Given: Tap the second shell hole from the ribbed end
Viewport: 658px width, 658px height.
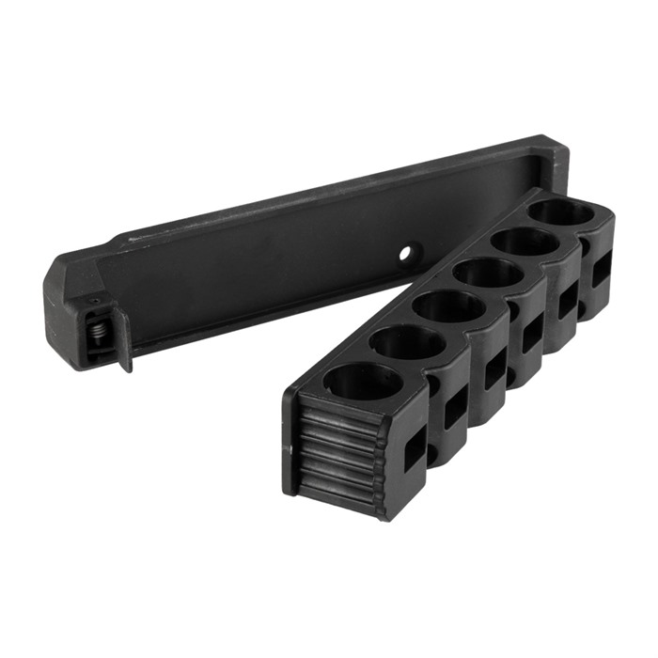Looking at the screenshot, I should [x=406, y=342].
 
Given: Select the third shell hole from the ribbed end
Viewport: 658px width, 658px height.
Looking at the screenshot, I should [x=448, y=306].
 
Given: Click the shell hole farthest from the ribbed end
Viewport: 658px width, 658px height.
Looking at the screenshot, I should [x=561, y=213].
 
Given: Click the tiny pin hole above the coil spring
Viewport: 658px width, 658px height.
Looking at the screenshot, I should [x=92, y=301].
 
